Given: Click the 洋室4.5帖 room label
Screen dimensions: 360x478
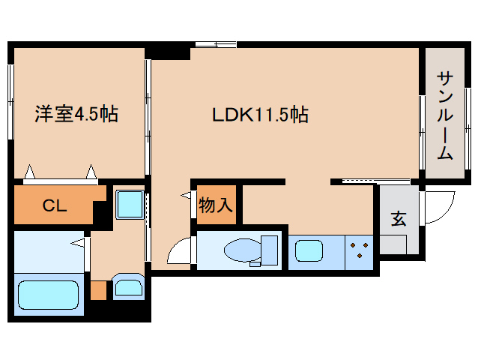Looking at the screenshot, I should (x=76, y=115).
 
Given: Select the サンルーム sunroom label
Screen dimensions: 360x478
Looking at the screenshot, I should (x=444, y=116).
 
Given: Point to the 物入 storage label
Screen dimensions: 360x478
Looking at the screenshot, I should (x=216, y=204).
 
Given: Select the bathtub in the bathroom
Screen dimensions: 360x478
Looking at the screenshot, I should (x=47, y=298).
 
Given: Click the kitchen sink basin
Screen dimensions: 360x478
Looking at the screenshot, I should (x=309, y=250).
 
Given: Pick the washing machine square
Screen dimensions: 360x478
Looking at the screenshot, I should (x=129, y=204).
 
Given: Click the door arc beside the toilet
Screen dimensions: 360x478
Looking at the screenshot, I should (x=180, y=252).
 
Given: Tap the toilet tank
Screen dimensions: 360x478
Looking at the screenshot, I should (x=270, y=250).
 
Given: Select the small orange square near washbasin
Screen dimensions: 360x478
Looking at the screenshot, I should (x=98, y=289).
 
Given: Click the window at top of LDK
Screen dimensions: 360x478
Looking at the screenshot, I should (x=214, y=45).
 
